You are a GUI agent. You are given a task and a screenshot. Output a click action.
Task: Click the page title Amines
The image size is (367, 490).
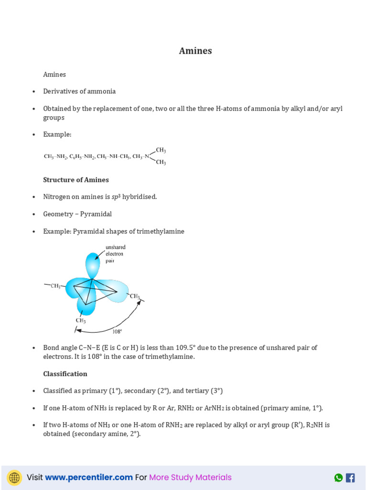click(195, 51)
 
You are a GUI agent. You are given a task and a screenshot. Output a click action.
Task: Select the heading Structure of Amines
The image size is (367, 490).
click(76, 180)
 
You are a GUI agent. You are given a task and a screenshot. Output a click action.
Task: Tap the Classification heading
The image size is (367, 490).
click(65, 374)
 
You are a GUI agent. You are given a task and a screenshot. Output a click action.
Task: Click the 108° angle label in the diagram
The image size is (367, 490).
click(117, 331)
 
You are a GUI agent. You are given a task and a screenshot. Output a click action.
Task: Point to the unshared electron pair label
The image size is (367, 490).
click(115, 254)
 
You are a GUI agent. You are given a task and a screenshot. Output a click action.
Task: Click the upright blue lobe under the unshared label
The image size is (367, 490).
click(92, 264)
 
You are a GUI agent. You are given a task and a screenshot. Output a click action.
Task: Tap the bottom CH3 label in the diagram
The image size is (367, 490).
click(81, 321)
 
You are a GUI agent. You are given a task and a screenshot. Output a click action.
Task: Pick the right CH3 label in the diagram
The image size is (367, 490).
click(135, 296)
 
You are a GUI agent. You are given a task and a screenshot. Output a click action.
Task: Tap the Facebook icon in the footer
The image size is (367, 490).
click(350, 478)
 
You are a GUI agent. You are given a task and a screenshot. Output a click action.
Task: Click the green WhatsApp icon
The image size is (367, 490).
click(338, 478)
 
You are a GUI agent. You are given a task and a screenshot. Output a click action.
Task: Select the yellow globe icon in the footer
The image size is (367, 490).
click(14, 478)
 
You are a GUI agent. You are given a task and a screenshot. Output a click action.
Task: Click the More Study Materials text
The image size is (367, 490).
click(190, 477)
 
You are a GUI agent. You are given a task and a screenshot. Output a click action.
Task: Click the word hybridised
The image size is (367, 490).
click(139, 197)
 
